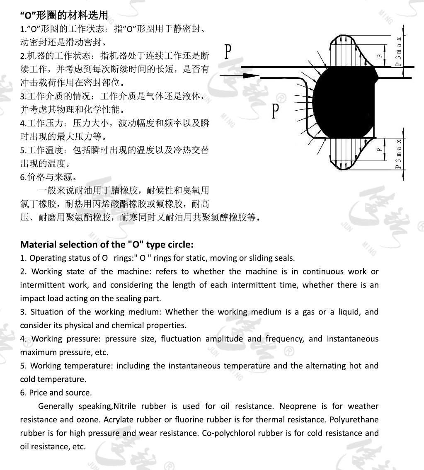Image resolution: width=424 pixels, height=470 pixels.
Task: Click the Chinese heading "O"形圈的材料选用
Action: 64,16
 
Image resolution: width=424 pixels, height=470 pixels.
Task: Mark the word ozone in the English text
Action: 87,419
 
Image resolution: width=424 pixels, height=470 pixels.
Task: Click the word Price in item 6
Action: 38,392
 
